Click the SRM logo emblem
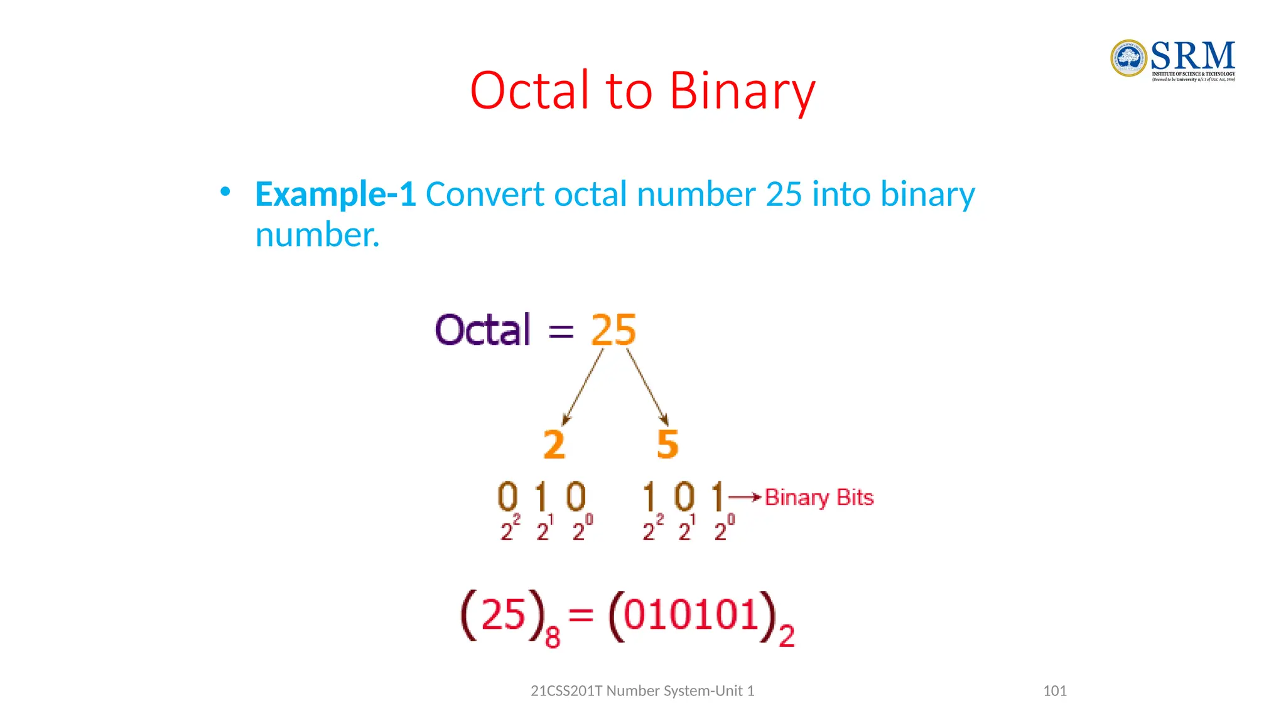pos(1128,58)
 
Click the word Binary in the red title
pos(742,92)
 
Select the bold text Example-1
pos(335,195)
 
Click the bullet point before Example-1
pos(225,191)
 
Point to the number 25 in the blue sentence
pos(784,194)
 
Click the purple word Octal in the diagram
pos(482,330)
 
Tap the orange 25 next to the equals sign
pos(613,330)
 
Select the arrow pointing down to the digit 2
pos(583,387)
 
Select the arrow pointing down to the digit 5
pos(647,387)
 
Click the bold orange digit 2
pos(554,444)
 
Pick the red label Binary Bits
pos(819,498)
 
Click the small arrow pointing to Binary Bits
pos(745,497)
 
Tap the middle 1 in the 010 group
pos(541,496)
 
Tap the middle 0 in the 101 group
pos(684,496)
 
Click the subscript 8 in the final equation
pos(553,638)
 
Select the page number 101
pos(1054,691)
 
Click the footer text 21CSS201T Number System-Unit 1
pos(642,691)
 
